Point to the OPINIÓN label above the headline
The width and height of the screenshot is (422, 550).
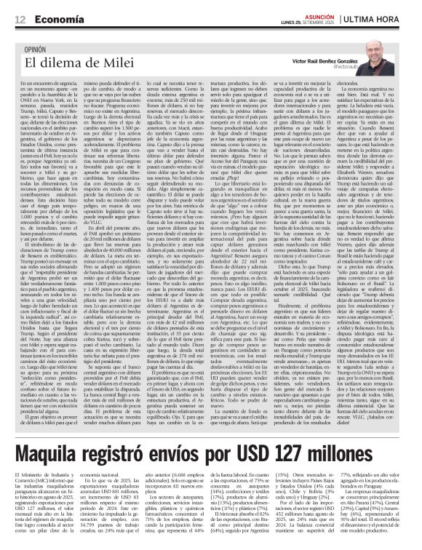tap(35, 49)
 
